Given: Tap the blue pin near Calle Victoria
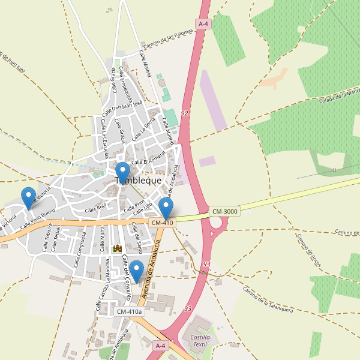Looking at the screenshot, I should click(x=28, y=197).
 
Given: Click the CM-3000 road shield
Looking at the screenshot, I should click(x=225, y=211).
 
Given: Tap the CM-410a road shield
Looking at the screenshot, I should click(x=130, y=311).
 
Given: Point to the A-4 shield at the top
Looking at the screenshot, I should click(x=203, y=24).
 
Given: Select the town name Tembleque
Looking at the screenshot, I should click(x=138, y=181).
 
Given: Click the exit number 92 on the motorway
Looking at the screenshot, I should click(x=184, y=113).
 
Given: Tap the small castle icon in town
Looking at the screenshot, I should click(x=118, y=248).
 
